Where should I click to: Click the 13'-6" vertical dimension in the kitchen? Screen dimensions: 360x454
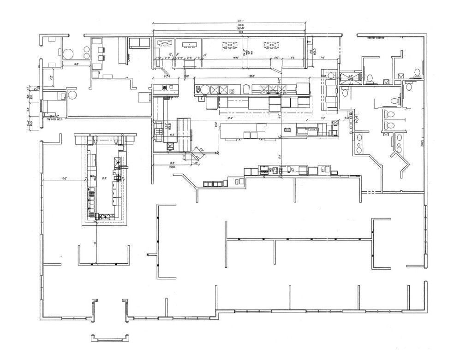coord(215,124)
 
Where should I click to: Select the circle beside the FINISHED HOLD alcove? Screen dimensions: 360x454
coord(72,95)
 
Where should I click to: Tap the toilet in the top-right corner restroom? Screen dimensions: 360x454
coord(417,72)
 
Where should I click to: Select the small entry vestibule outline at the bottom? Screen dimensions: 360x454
coord(108,338)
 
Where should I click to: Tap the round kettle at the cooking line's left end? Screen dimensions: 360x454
coord(215,89)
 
